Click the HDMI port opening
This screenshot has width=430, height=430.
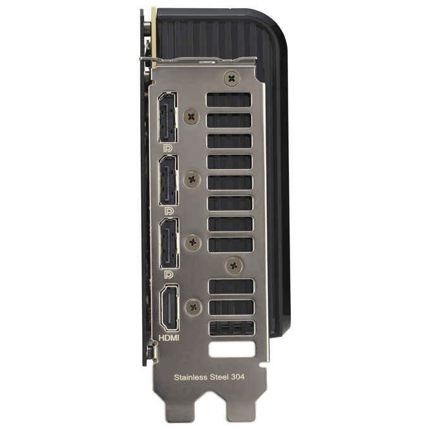pos(169,308)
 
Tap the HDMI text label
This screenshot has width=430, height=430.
pos(169,338)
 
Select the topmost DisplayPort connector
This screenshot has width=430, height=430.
pos(168,117)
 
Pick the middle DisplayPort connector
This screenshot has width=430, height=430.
pos(168,180)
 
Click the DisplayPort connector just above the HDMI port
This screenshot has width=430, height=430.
pos(169,243)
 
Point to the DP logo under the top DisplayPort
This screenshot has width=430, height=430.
pos(168,149)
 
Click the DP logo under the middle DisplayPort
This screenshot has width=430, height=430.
pos(169,211)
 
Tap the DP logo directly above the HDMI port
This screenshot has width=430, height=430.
pos(169,274)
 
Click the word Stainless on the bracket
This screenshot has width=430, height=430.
pos(190,378)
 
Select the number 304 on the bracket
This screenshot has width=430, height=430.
pos(238,377)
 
